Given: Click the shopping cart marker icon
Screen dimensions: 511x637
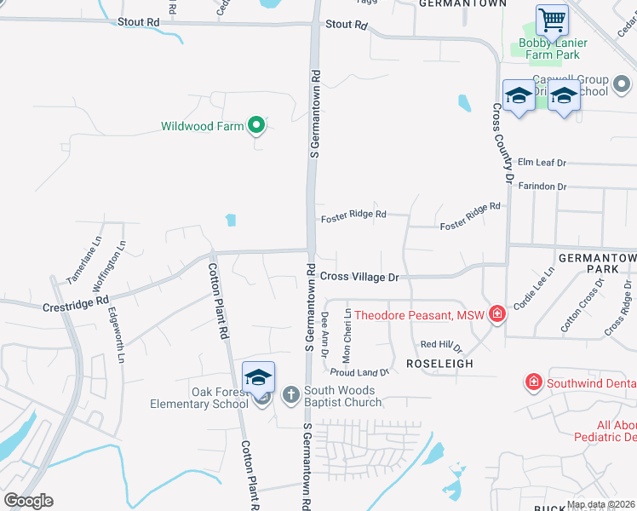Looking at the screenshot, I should (x=552, y=19).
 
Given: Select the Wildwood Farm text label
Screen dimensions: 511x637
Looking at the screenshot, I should (x=202, y=126).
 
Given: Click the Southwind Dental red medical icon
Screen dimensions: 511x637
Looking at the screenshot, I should (x=534, y=382).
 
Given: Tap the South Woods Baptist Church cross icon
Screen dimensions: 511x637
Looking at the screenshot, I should (x=290, y=394).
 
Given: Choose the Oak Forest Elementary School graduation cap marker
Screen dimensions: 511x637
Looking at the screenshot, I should (x=258, y=377).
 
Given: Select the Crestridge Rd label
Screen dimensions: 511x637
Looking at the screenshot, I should (x=77, y=302).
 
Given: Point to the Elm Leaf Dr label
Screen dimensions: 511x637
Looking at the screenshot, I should (x=542, y=163).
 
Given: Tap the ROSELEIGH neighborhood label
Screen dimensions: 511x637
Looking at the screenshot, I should (x=438, y=363).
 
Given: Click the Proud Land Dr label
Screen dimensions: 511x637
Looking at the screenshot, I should (x=359, y=372).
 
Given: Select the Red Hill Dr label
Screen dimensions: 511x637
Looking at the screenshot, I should (x=440, y=345).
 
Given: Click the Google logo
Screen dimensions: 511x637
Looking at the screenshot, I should (x=28, y=501).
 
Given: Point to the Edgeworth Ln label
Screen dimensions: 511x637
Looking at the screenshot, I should (x=115, y=335).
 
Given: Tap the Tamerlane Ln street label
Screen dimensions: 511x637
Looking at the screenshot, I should (x=83, y=259).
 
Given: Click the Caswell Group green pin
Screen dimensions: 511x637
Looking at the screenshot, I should (x=622, y=84).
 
